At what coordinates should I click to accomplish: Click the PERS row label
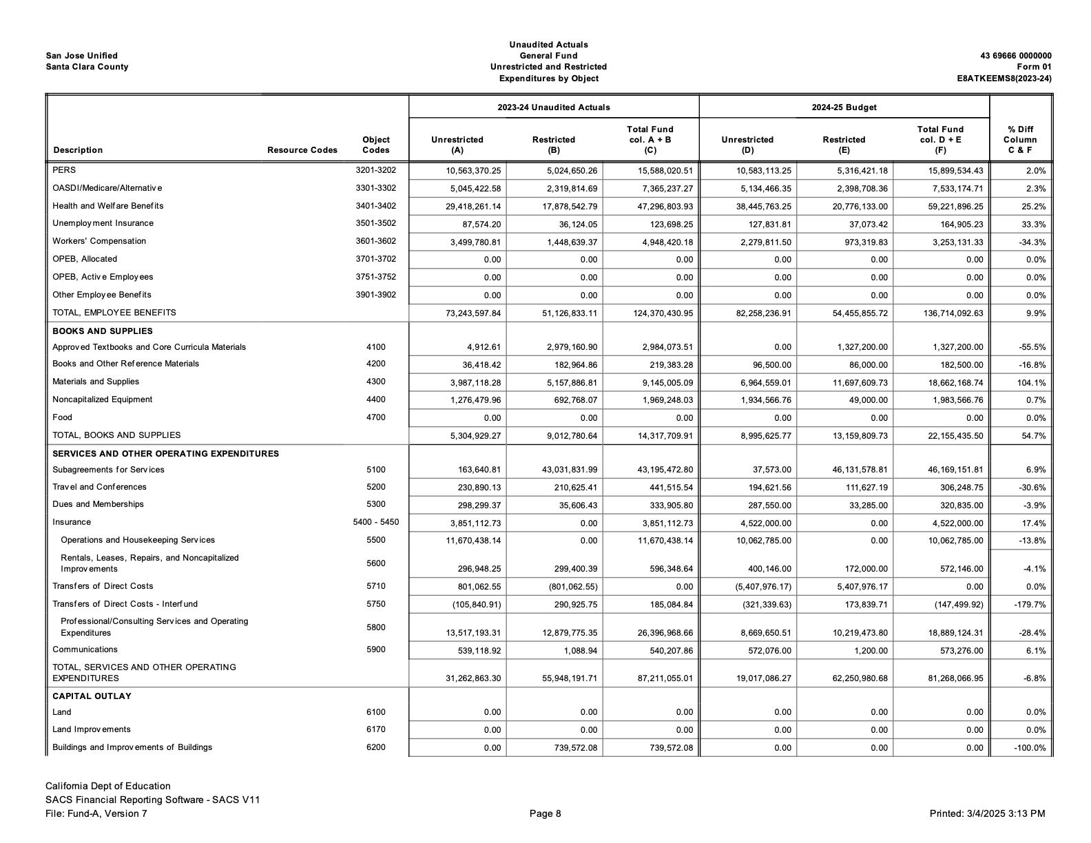pyautogui.click(x=64, y=170)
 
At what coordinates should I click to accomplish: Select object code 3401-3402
pyautogui.click(x=375, y=206)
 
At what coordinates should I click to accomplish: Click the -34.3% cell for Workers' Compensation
pyautogui.click(x=1032, y=242)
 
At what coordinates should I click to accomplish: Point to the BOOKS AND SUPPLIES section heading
pyautogui.click(x=103, y=331)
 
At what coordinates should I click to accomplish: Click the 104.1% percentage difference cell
pyautogui.click(x=1031, y=383)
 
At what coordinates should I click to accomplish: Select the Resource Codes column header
pyautogui.click(x=302, y=150)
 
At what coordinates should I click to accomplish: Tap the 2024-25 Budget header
pyautogui.click(x=844, y=107)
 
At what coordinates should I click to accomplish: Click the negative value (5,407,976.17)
pyautogui.click(x=762, y=587)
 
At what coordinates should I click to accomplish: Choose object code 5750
pyautogui.click(x=375, y=604)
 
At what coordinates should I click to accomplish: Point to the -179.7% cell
pyautogui.click(x=1030, y=605)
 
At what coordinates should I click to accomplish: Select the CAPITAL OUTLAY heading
pyautogui.click(x=92, y=696)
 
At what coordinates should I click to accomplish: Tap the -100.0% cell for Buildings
pyautogui.click(x=1030, y=749)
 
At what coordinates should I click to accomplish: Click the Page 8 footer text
pyautogui.click(x=545, y=814)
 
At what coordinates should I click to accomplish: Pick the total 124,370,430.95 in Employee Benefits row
pyautogui.click(x=663, y=313)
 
